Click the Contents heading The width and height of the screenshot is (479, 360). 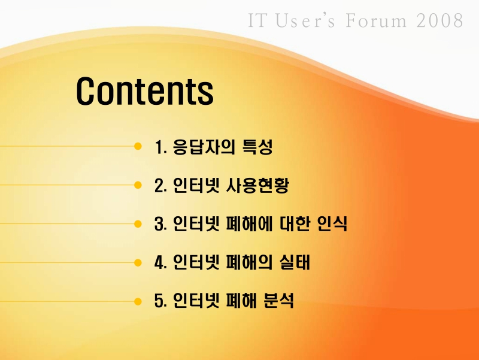[144, 91]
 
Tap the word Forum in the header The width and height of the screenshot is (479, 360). [377, 21]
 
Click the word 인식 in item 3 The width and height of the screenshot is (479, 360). [332, 225]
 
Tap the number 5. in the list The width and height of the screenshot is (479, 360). [160, 301]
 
